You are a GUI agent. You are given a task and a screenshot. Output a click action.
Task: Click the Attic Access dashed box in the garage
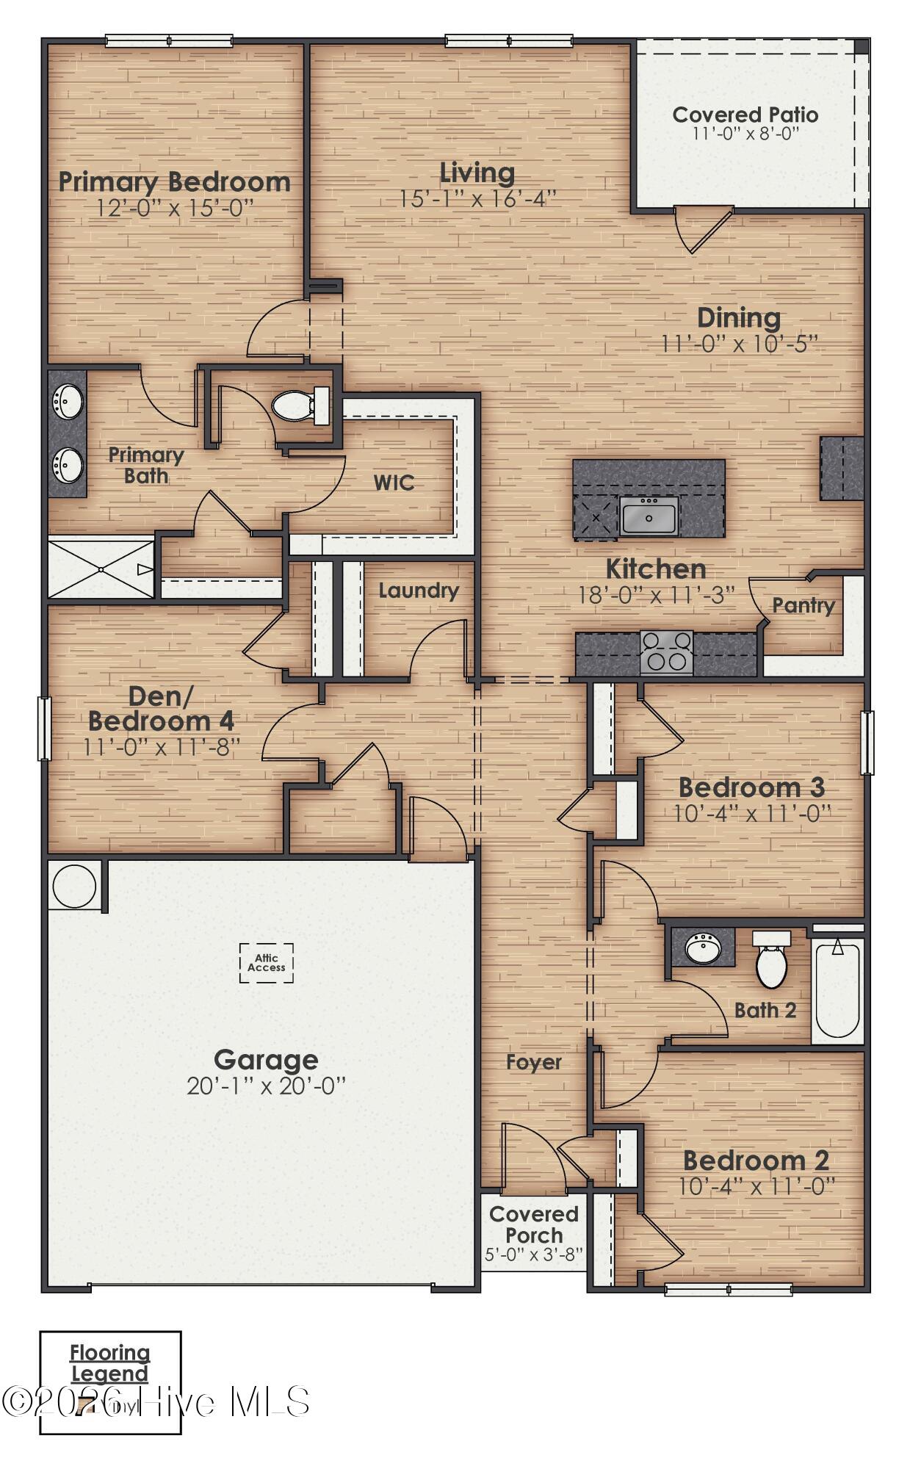(266, 962)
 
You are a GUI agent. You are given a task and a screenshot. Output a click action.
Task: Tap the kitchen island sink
(649, 516)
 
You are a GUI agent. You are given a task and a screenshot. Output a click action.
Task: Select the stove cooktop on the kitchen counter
(666, 652)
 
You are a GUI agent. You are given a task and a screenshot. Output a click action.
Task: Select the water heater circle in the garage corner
(73, 887)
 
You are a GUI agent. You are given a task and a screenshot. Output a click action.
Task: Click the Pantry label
(804, 606)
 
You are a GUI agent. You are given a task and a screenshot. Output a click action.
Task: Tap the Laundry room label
(419, 591)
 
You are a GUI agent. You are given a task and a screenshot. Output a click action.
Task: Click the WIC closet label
(394, 483)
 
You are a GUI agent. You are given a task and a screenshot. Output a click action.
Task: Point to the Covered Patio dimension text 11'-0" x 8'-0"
(745, 134)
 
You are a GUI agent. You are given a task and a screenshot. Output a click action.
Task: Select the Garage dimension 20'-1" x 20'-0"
(266, 1086)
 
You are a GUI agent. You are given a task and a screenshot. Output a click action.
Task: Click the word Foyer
(534, 1062)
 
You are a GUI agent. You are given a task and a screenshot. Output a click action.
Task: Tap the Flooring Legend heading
(110, 1362)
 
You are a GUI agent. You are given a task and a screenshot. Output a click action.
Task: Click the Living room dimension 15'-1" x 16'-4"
(477, 199)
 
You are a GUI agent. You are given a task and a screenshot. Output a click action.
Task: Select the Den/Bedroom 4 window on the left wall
(44, 729)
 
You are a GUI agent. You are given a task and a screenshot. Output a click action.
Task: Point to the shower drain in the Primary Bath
(101, 570)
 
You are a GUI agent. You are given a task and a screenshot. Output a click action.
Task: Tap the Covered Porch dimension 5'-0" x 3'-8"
(534, 1255)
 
